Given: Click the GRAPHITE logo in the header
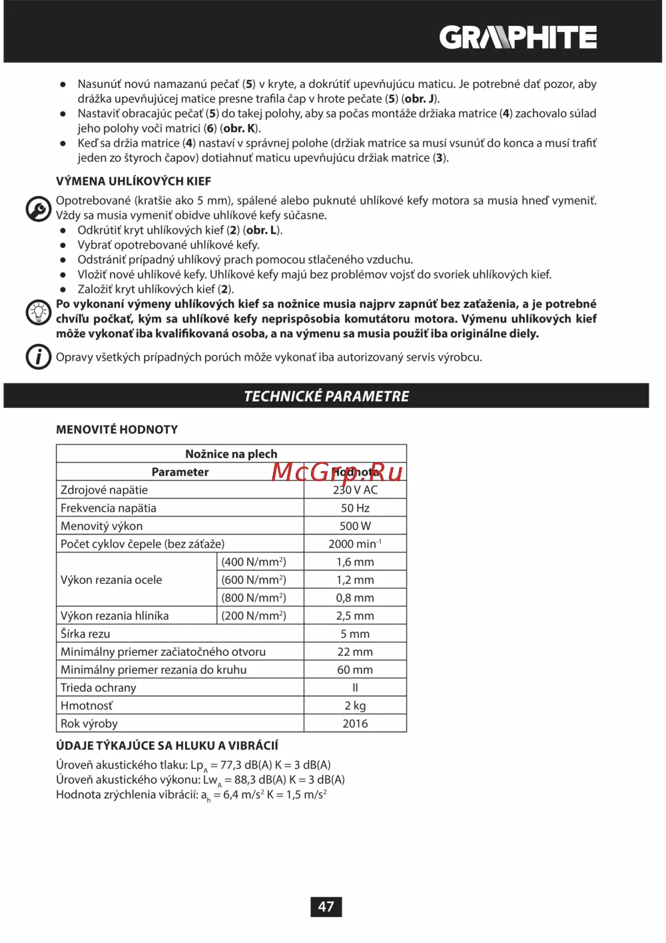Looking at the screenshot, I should [x=517, y=37].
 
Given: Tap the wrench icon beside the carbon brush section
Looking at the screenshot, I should [x=38, y=209].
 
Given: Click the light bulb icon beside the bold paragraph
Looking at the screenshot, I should [x=38, y=312].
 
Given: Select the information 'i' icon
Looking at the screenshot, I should [x=38, y=357].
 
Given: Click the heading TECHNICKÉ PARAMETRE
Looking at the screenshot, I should [x=326, y=396].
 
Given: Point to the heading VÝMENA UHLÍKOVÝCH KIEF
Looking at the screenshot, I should [x=133, y=181].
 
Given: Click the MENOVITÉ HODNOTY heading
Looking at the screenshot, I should [x=117, y=430].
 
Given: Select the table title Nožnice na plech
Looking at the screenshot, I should [x=231, y=454].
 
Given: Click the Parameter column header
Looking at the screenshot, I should [x=180, y=472].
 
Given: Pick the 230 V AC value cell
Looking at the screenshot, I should [x=355, y=490].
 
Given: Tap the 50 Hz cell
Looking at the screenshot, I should [x=355, y=508].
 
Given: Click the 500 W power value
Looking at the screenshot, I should [x=355, y=526].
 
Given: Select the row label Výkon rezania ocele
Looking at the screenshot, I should [x=111, y=580].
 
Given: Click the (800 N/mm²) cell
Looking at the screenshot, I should [x=254, y=598].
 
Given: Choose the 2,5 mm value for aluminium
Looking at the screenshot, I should [x=355, y=616].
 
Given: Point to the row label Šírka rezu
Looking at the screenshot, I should [x=85, y=634].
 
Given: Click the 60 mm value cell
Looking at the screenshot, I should [x=355, y=670].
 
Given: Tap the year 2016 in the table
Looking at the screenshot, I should [x=355, y=724].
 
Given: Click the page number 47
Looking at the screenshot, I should [x=326, y=906].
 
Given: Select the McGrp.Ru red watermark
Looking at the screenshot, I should [x=337, y=472].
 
